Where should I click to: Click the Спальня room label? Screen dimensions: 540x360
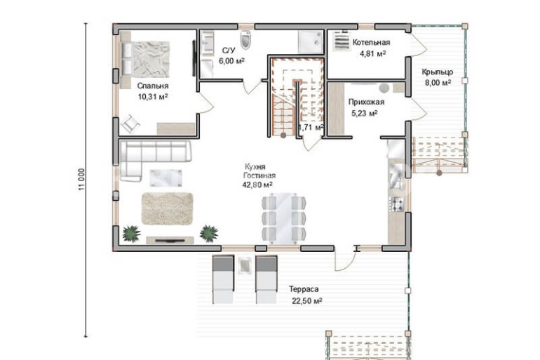coord(153,86)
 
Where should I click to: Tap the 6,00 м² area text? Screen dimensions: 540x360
coord(231,61)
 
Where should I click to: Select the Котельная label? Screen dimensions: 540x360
coord(371,42)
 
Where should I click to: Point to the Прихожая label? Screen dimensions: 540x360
coord(366,102)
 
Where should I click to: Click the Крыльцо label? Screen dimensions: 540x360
coord(438,72)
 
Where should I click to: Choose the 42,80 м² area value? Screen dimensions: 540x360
coord(257,185)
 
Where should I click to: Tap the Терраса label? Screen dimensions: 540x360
coord(304,289)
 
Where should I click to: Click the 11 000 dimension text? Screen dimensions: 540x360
coord(81,180)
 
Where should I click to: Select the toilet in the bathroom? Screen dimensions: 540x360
coord(245,39)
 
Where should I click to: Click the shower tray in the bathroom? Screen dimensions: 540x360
coord(311,41)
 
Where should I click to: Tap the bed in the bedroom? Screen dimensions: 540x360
coord(145,59)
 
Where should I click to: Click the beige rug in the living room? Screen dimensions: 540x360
coord(168,208)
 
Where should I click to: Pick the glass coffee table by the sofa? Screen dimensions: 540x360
coord(166,178)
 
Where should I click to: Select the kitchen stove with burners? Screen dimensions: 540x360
coord(396,204)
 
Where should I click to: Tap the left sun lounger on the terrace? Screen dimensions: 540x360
coord(223,279)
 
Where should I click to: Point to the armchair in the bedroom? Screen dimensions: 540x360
coord(130,123)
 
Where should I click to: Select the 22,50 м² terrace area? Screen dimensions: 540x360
coord(307,301)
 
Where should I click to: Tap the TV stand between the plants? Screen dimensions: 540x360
coord(170,240)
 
